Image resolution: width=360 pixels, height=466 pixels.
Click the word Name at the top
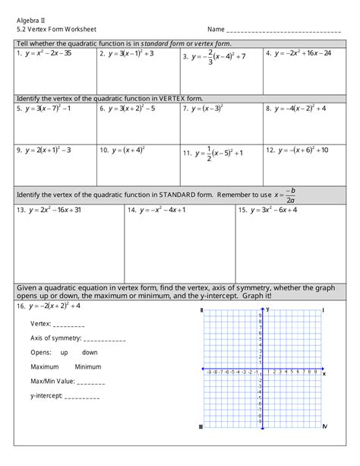[x=216, y=29]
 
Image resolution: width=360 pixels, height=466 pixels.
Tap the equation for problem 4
[x=303, y=54]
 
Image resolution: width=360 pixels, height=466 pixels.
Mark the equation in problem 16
[x=54, y=306]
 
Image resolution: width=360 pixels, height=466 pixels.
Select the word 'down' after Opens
[x=90, y=353]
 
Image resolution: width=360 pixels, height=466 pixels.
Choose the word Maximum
[x=45, y=366]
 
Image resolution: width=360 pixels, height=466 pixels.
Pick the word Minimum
[x=88, y=366]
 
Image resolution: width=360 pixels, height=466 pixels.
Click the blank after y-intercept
[x=82, y=396]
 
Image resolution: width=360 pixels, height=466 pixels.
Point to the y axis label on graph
[x=268, y=310]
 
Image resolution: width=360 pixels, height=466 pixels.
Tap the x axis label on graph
[x=324, y=373]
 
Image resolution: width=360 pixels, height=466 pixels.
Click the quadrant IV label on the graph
[x=324, y=426]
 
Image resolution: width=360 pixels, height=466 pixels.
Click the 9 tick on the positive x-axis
[x=316, y=372]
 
